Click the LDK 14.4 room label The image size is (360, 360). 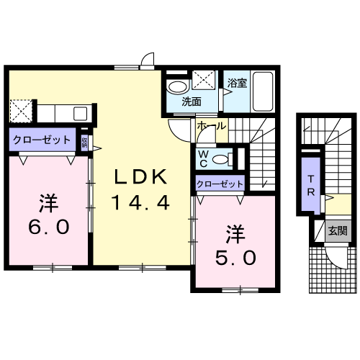140,189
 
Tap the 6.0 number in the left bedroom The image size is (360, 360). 48,228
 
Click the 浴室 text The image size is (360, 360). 237,82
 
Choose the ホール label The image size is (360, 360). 211,126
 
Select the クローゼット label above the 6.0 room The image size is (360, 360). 41,140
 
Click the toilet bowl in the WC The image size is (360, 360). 226,158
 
